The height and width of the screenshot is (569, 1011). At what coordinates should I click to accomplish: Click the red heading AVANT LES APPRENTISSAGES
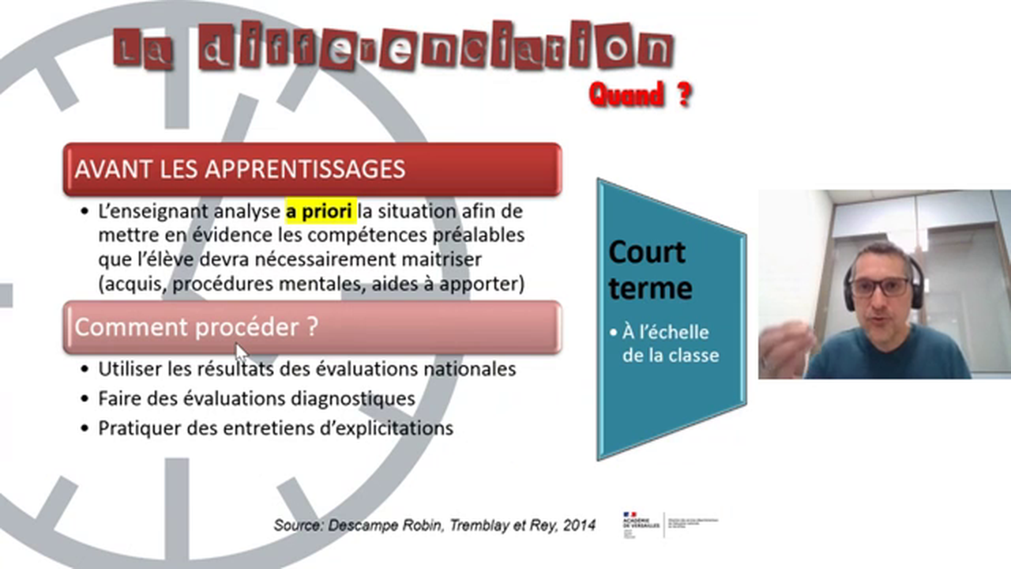pyautogui.click(x=239, y=169)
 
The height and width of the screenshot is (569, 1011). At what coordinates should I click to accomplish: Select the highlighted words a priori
pyautogui.click(x=320, y=212)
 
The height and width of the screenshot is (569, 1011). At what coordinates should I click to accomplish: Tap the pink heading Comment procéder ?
pyautogui.click(x=196, y=327)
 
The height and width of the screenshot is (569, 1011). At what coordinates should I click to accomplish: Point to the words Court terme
pyautogui.click(x=649, y=269)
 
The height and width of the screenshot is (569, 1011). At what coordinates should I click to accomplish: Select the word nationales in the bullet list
pyautogui.click(x=467, y=369)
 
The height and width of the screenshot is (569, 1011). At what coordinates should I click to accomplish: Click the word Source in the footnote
pyautogui.click(x=296, y=525)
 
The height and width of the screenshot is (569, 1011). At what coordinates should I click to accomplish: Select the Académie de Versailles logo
pyautogui.click(x=641, y=523)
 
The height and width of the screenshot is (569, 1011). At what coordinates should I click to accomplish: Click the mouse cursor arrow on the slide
pyautogui.click(x=241, y=351)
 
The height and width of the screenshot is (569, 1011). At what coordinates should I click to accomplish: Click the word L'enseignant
pyautogui.click(x=145, y=212)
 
